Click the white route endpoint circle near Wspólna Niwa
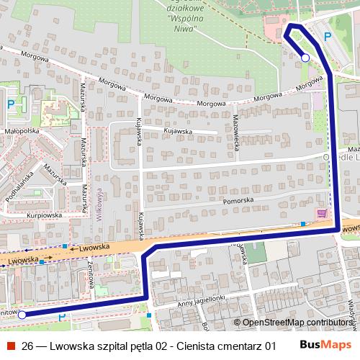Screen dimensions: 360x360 (x=305, y=58)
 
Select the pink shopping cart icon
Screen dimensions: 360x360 (x=321, y=214)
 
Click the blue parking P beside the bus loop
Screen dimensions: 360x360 (x=328, y=37)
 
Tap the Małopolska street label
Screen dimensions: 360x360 (x=21, y=132)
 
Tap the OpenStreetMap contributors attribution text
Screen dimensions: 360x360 (x=297, y=323)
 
